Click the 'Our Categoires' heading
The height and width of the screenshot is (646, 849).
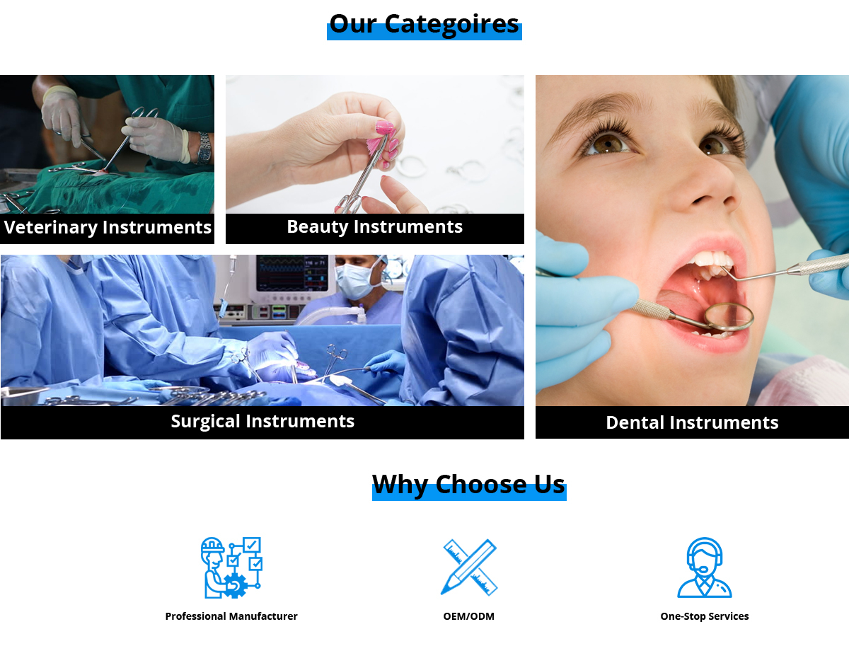point(424,24)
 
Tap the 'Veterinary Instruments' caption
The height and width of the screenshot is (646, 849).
point(108,227)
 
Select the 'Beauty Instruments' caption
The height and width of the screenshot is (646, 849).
point(374,226)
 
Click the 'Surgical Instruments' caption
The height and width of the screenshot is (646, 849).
point(262,421)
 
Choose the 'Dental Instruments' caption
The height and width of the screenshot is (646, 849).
point(692,422)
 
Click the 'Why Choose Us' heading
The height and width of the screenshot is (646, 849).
point(468,484)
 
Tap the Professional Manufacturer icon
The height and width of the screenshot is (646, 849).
point(231,567)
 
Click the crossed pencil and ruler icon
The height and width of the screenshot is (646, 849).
point(469,567)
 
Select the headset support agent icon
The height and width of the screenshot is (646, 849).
point(705,567)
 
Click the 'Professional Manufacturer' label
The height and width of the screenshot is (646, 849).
point(231,616)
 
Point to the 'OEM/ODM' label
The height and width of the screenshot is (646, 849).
point(469,616)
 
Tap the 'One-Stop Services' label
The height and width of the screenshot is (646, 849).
point(705,616)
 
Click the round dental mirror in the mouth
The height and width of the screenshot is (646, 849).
point(729,317)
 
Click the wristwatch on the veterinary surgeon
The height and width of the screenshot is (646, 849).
point(204,149)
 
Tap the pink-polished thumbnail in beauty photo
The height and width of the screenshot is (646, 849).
point(384,127)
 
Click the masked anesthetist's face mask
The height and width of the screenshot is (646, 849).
point(354,281)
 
